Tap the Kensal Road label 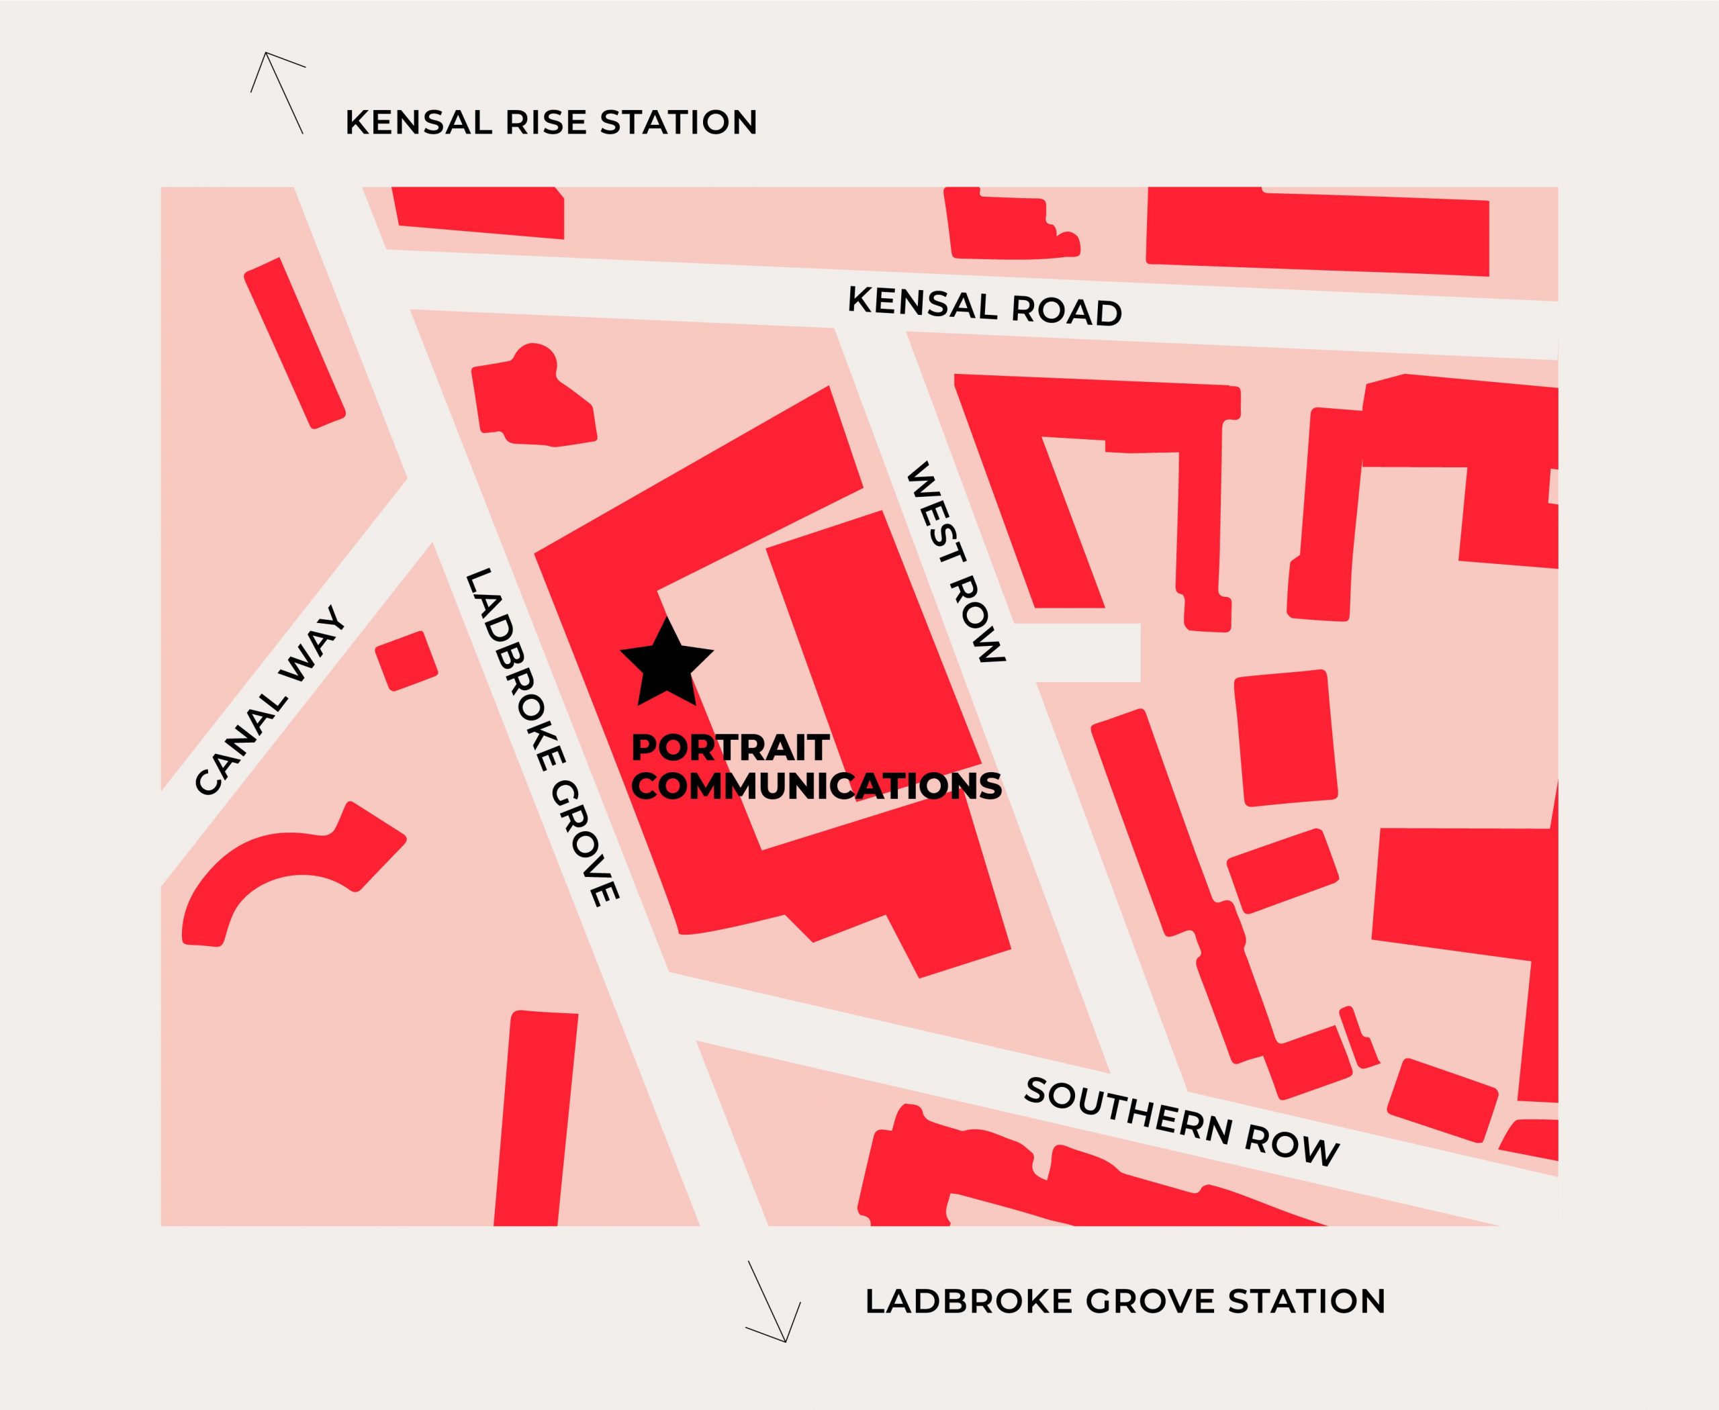(x=984, y=306)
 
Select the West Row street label (x=956, y=563)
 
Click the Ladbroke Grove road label (x=541, y=737)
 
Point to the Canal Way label (x=271, y=700)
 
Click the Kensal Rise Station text (x=551, y=123)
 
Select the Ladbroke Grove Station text (x=1125, y=1301)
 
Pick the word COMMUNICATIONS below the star (x=817, y=786)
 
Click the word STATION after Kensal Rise (x=678, y=123)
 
